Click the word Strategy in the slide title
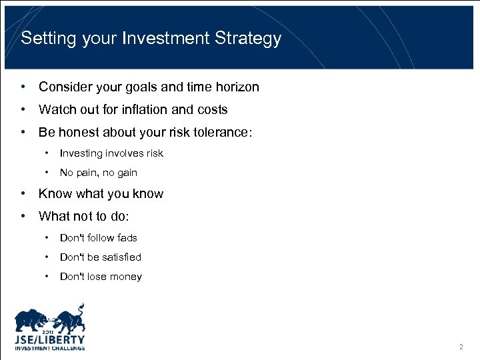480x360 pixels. pos(248,39)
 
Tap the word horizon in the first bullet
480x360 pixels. pos(235,87)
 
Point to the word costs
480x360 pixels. pos(212,109)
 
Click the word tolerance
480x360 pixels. pos(223,132)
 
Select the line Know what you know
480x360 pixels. pos(101,194)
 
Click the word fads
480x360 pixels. pos(126,237)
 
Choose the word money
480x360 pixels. pos(125,277)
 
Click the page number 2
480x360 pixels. pos(461,347)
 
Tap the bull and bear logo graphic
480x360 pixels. pos(51,319)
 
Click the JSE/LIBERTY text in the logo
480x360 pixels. pos(50,339)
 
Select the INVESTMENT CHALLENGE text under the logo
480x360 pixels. pos(50,348)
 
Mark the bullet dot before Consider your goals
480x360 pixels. pos(23,87)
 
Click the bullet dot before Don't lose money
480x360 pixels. pos(47,276)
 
